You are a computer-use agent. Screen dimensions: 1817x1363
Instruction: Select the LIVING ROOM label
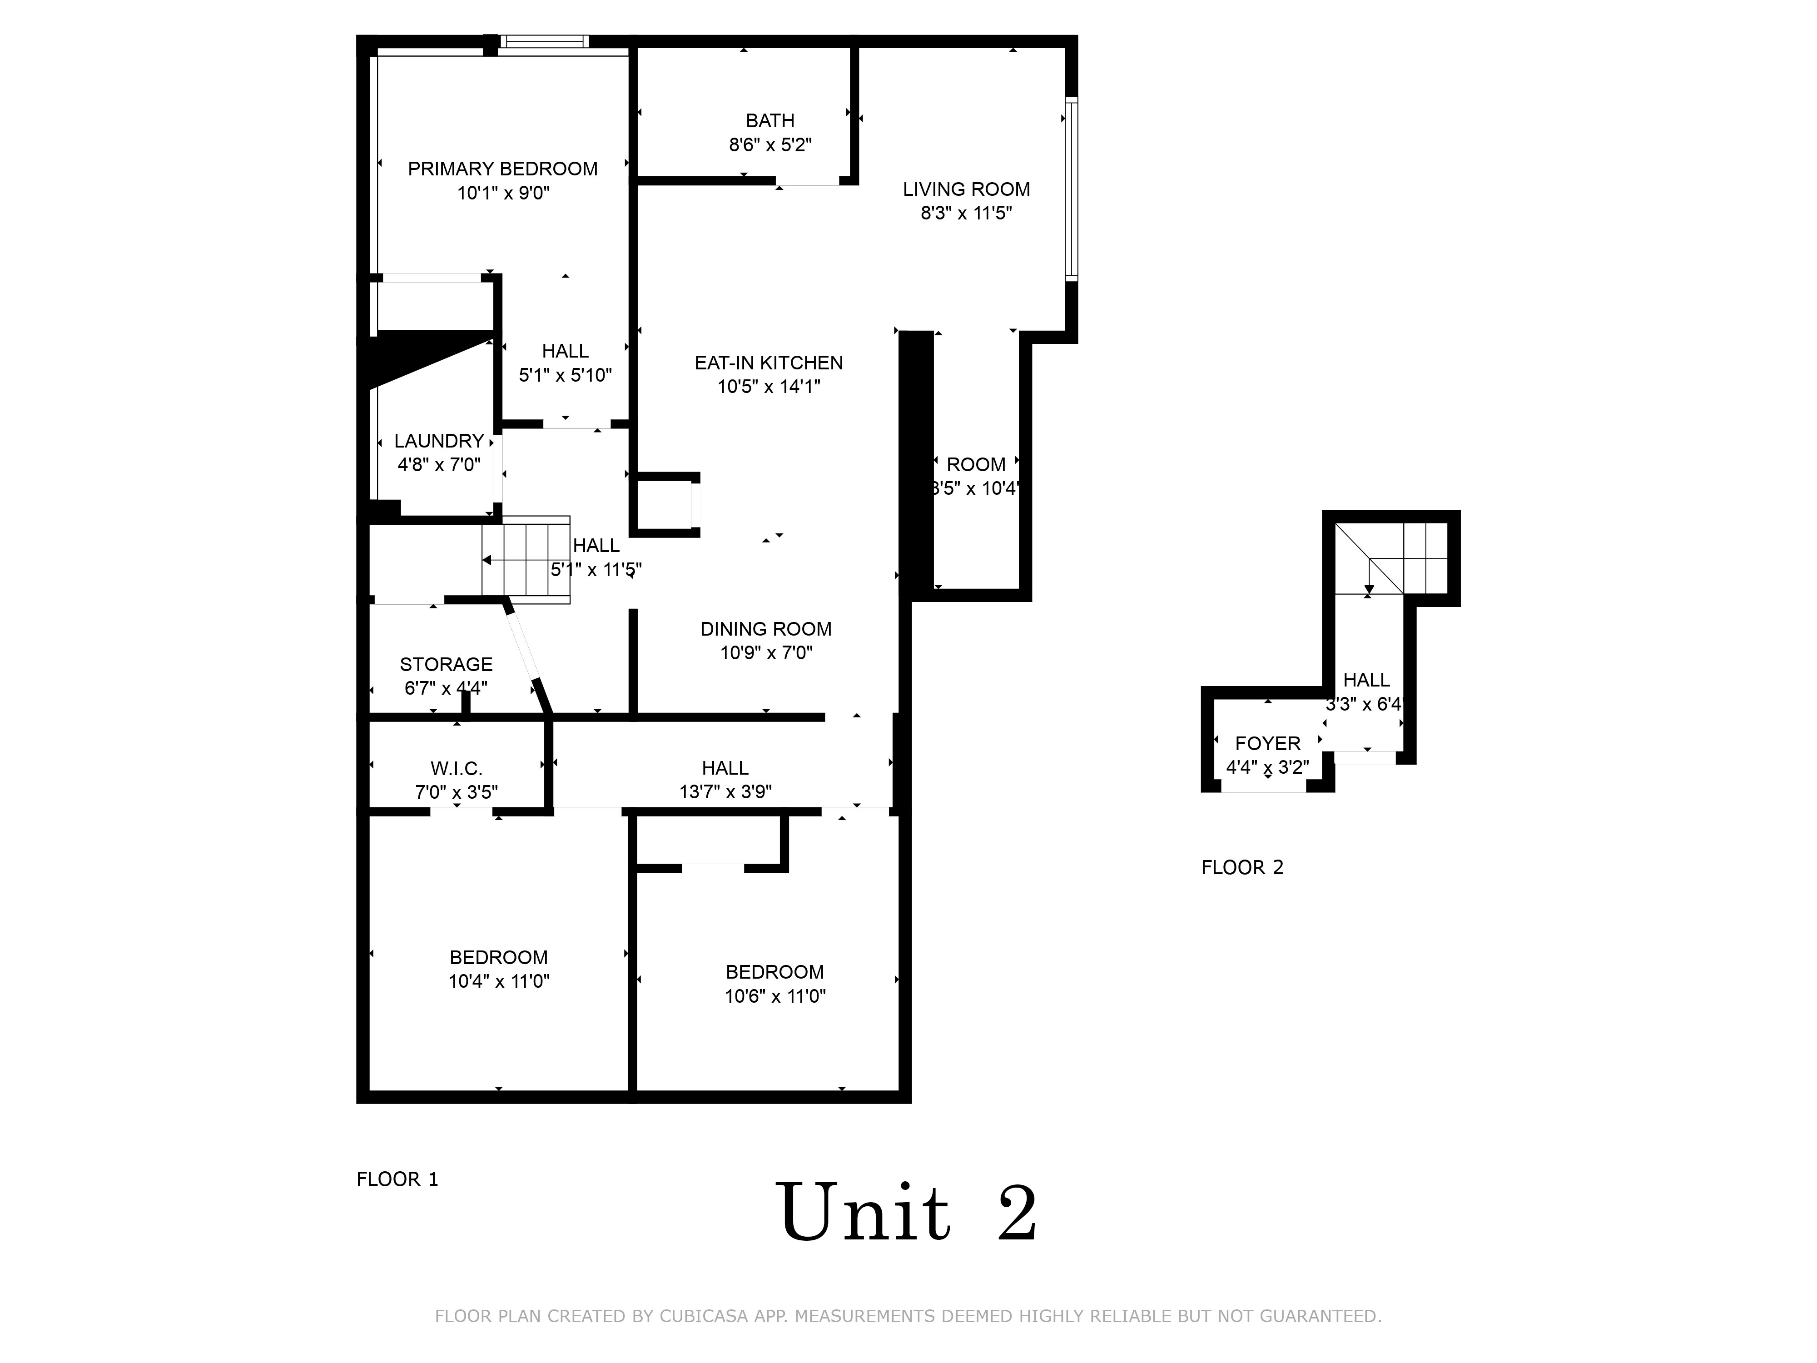click(966, 189)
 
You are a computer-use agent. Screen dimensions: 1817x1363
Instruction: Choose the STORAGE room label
click(446, 664)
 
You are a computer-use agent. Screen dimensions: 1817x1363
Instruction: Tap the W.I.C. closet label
click(456, 768)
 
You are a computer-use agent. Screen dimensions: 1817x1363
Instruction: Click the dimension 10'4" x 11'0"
click(499, 981)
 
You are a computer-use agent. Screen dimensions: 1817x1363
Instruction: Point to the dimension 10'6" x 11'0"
click(774, 996)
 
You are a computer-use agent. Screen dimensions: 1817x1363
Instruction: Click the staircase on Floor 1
click(526, 560)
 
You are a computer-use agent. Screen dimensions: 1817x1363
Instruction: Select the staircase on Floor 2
click(1390, 558)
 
